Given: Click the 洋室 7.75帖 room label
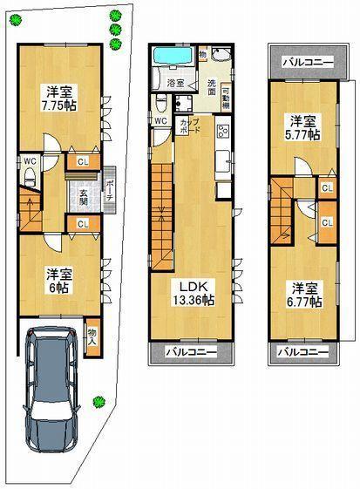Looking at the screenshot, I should pyautogui.click(x=58, y=98).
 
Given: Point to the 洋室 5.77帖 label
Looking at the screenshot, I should pyautogui.click(x=303, y=127).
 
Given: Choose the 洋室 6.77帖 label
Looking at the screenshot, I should pyautogui.click(x=304, y=293).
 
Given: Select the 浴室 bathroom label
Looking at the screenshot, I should pyautogui.click(x=176, y=83).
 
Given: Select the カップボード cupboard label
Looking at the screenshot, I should pyautogui.click(x=187, y=128).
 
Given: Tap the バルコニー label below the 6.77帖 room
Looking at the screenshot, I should pyautogui.click(x=303, y=352).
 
